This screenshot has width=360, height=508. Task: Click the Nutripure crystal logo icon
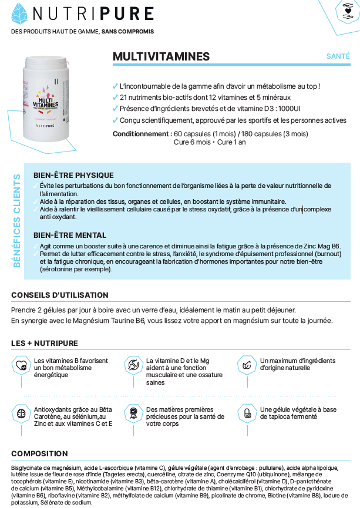click(19, 14)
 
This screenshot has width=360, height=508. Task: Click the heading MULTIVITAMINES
click(161, 56)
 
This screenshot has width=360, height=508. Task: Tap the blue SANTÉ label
click(338, 56)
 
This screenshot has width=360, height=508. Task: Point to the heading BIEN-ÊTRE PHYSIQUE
click(73, 176)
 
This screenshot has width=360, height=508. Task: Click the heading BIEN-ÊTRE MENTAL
click(70, 235)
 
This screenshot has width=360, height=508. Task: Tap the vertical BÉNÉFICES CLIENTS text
click(17, 220)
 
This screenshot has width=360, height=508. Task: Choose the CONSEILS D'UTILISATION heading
click(59, 295)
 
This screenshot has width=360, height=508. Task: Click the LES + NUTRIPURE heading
click(44, 343)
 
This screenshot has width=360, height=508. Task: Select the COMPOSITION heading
click(39, 453)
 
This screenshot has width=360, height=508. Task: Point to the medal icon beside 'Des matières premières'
click(134, 412)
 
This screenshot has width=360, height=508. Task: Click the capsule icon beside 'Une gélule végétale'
click(247, 412)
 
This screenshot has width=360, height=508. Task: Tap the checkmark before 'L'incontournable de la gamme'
click(115, 86)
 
